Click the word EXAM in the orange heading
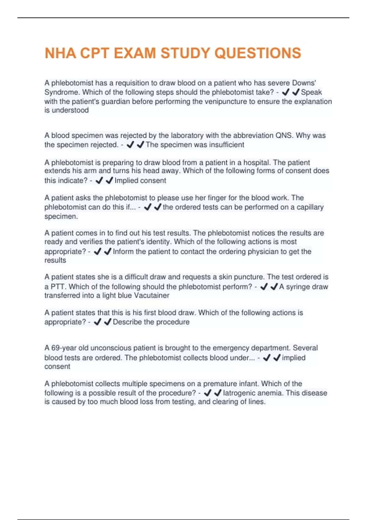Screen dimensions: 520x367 [135, 53]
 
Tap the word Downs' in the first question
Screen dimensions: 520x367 [304, 83]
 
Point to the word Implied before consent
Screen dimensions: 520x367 [127, 180]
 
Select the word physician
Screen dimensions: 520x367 [263, 251]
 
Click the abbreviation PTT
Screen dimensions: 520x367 [57, 287]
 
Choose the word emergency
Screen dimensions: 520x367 [231, 348]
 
